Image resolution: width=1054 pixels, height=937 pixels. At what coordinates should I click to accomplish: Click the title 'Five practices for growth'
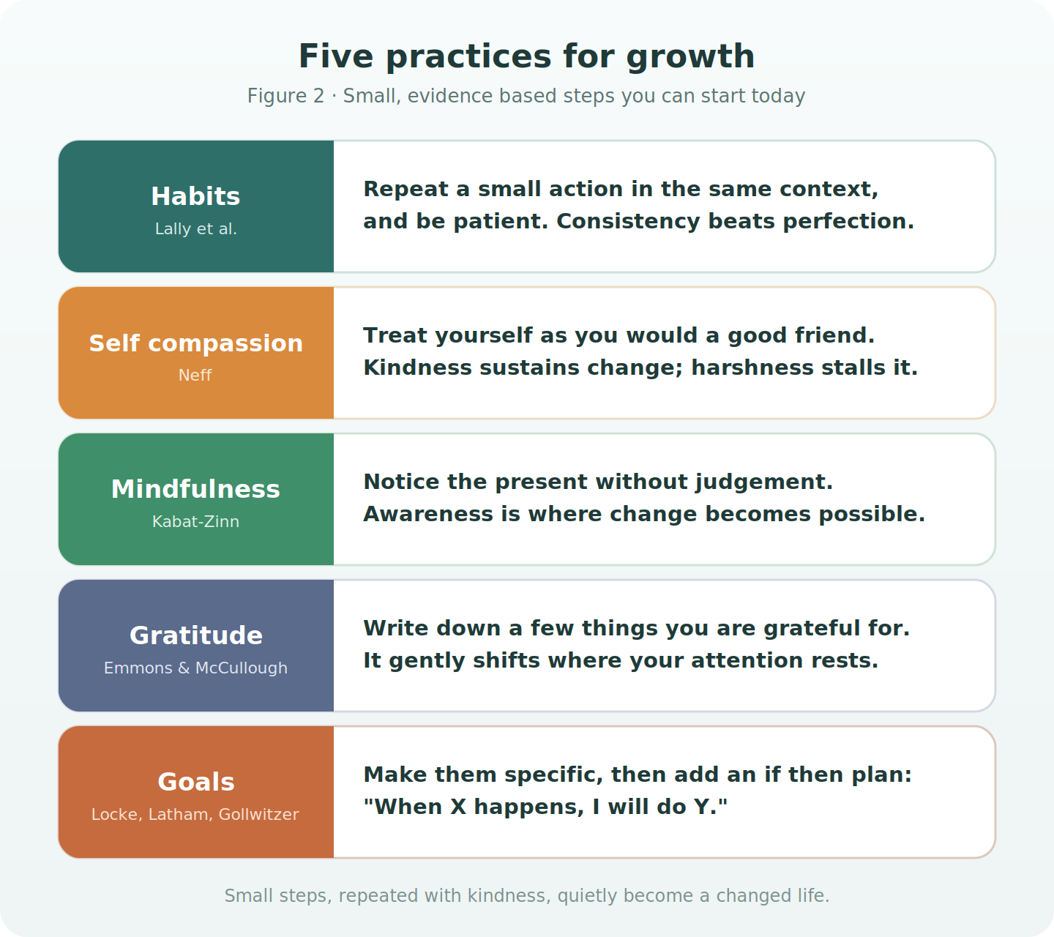pyautogui.click(x=526, y=56)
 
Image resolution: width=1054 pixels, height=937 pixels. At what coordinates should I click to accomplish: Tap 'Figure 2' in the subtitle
pyautogui.click(x=285, y=96)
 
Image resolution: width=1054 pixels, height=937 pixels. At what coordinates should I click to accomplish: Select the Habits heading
pyautogui.click(x=195, y=196)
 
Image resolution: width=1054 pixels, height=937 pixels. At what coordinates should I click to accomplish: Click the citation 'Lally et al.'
pyautogui.click(x=195, y=229)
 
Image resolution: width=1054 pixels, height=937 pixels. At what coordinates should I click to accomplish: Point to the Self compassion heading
pyautogui.click(x=195, y=343)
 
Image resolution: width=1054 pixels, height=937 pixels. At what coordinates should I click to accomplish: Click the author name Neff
pyautogui.click(x=195, y=375)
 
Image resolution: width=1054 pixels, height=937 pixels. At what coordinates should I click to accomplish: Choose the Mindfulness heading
pyautogui.click(x=195, y=490)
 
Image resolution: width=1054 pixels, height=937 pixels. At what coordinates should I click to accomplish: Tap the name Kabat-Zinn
pyautogui.click(x=195, y=521)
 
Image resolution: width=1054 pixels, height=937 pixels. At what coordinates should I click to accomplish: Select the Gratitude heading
pyautogui.click(x=195, y=635)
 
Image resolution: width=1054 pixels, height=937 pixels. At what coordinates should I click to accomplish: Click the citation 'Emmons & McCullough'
pyautogui.click(x=195, y=668)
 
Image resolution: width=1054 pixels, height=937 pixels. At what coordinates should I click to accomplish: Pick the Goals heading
pyautogui.click(x=195, y=782)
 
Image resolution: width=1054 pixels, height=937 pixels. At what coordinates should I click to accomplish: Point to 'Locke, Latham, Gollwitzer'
pyautogui.click(x=195, y=814)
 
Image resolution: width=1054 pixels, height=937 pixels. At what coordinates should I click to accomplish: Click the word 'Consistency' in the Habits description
pyautogui.click(x=629, y=222)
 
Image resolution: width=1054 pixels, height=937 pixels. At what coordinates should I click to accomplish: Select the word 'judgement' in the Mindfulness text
pyautogui.click(x=764, y=482)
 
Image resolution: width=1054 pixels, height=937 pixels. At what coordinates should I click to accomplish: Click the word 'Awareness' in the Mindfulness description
pyautogui.click(x=428, y=514)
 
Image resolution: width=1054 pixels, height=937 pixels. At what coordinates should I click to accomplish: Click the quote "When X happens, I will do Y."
pyautogui.click(x=545, y=807)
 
